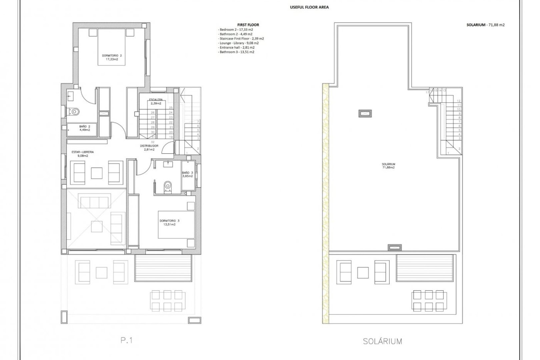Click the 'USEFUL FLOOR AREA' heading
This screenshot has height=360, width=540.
click(x=309, y=7)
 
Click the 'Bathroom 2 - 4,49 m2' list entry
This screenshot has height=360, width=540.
click(x=236, y=34)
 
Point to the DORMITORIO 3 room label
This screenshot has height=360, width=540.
click(x=169, y=223)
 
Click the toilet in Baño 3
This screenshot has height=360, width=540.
click(x=168, y=186)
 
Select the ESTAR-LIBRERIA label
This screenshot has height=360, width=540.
click(x=83, y=154)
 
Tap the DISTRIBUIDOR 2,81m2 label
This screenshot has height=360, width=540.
click(x=149, y=148)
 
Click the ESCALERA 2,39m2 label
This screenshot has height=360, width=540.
click(x=156, y=102)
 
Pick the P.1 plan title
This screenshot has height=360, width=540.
click(x=127, y=340)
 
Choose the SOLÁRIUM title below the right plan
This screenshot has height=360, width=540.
click(x=382, y=341)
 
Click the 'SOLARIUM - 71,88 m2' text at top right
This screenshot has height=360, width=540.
click(x=485, y=25)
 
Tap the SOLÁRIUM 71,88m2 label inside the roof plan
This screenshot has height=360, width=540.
click(x=388, y=166)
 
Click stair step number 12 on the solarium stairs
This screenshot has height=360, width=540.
click(x=459, y=101)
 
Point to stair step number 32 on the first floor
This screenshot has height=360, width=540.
click(x=153, y=142)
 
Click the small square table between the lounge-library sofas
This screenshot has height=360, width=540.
click(x=97, y=173)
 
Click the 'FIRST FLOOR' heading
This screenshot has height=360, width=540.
click(x=248, y=25)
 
